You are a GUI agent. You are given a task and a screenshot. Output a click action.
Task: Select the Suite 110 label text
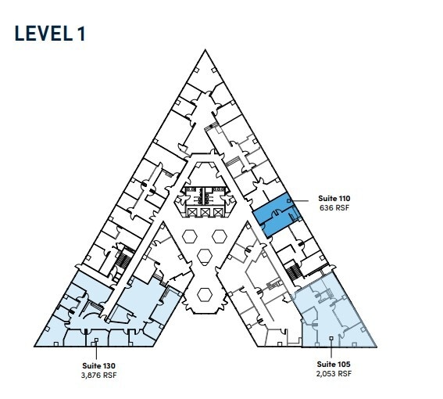coord(334,199)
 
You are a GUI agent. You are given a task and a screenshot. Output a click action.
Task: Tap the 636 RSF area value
coord(334,209)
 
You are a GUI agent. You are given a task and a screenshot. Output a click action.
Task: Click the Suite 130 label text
coord(98,365)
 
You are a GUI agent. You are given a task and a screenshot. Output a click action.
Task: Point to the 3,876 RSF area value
coord(98,374)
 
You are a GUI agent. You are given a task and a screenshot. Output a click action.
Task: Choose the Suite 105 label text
coord(334,365)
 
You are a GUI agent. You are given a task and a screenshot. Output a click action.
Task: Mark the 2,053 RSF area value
coord(334,374)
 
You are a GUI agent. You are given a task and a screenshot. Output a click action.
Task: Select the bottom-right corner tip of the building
coord(377,346)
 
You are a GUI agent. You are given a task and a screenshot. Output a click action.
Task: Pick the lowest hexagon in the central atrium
coord(205,294)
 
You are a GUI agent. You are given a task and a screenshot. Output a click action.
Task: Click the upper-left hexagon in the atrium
coord(190,236)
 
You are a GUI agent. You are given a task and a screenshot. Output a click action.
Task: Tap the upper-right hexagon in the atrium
coord(220,236)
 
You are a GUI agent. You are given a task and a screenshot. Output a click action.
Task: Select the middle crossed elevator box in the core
coord(205,213)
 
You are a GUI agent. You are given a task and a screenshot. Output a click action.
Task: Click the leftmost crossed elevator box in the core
coord(191,213)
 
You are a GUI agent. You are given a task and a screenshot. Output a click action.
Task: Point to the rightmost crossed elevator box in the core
coord(220,213)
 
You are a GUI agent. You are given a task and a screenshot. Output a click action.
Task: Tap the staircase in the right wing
coord(293,271)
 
